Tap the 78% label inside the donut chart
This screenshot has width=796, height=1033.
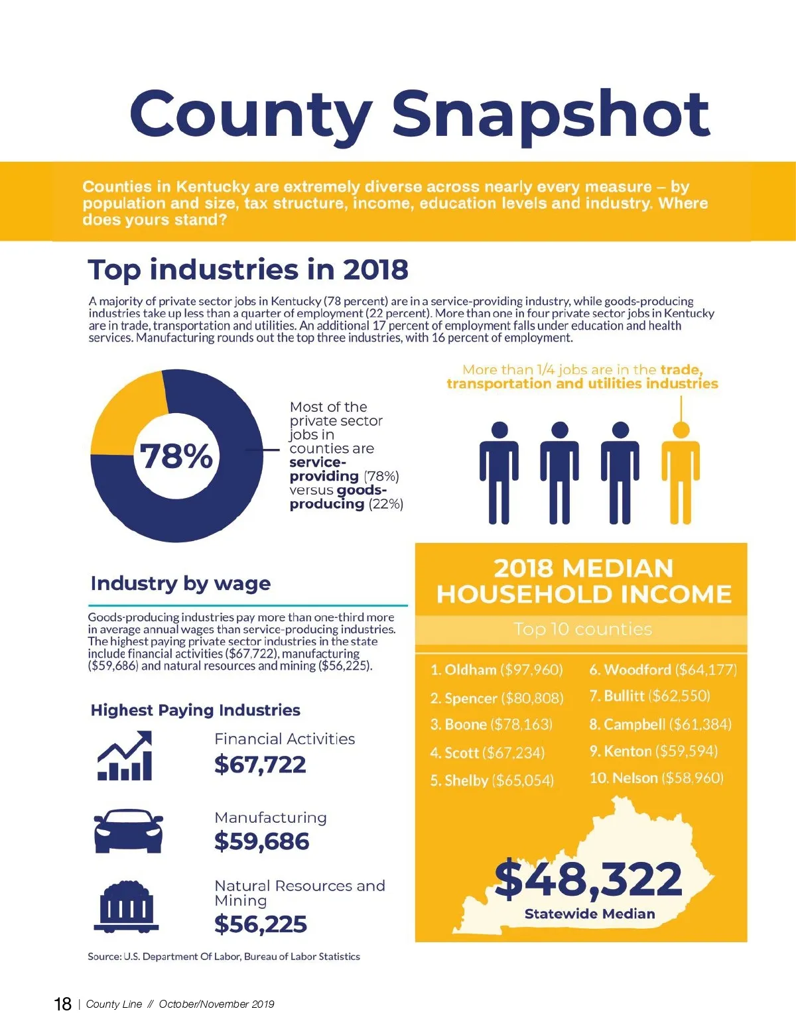coord(176,456)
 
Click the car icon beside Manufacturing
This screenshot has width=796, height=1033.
coord(128,830)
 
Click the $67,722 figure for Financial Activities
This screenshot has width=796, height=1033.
coord(260,764)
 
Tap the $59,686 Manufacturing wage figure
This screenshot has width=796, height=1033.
coord(261,841)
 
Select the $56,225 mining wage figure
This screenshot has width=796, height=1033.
coord(260,924)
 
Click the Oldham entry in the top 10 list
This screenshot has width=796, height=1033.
coord(496,670)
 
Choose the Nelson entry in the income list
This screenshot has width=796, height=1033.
coord(656,778)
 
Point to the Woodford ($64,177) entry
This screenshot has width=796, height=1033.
coord(663,670)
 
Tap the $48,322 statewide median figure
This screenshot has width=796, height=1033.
coord(588,879)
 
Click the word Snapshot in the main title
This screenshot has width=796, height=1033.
coord(551,114)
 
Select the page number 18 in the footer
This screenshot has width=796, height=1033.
coord(62,1004)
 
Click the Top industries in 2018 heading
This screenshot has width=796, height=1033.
coord(248,270)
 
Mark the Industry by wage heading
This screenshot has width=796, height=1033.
coord(180,583)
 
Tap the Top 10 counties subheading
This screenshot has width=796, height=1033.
coord(582,629)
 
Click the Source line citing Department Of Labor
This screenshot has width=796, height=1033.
coord(224,957)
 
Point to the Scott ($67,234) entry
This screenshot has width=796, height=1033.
coord(487,753)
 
